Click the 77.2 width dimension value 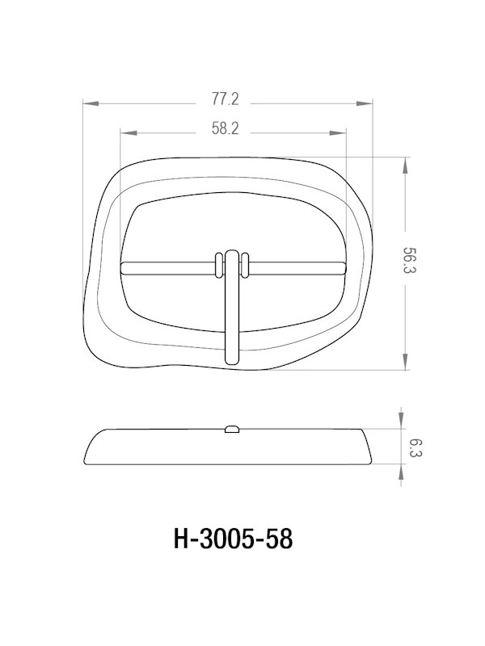[226, 100]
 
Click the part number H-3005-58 [233, 538]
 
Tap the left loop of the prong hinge [218, 267]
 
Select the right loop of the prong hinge [245, 267]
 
